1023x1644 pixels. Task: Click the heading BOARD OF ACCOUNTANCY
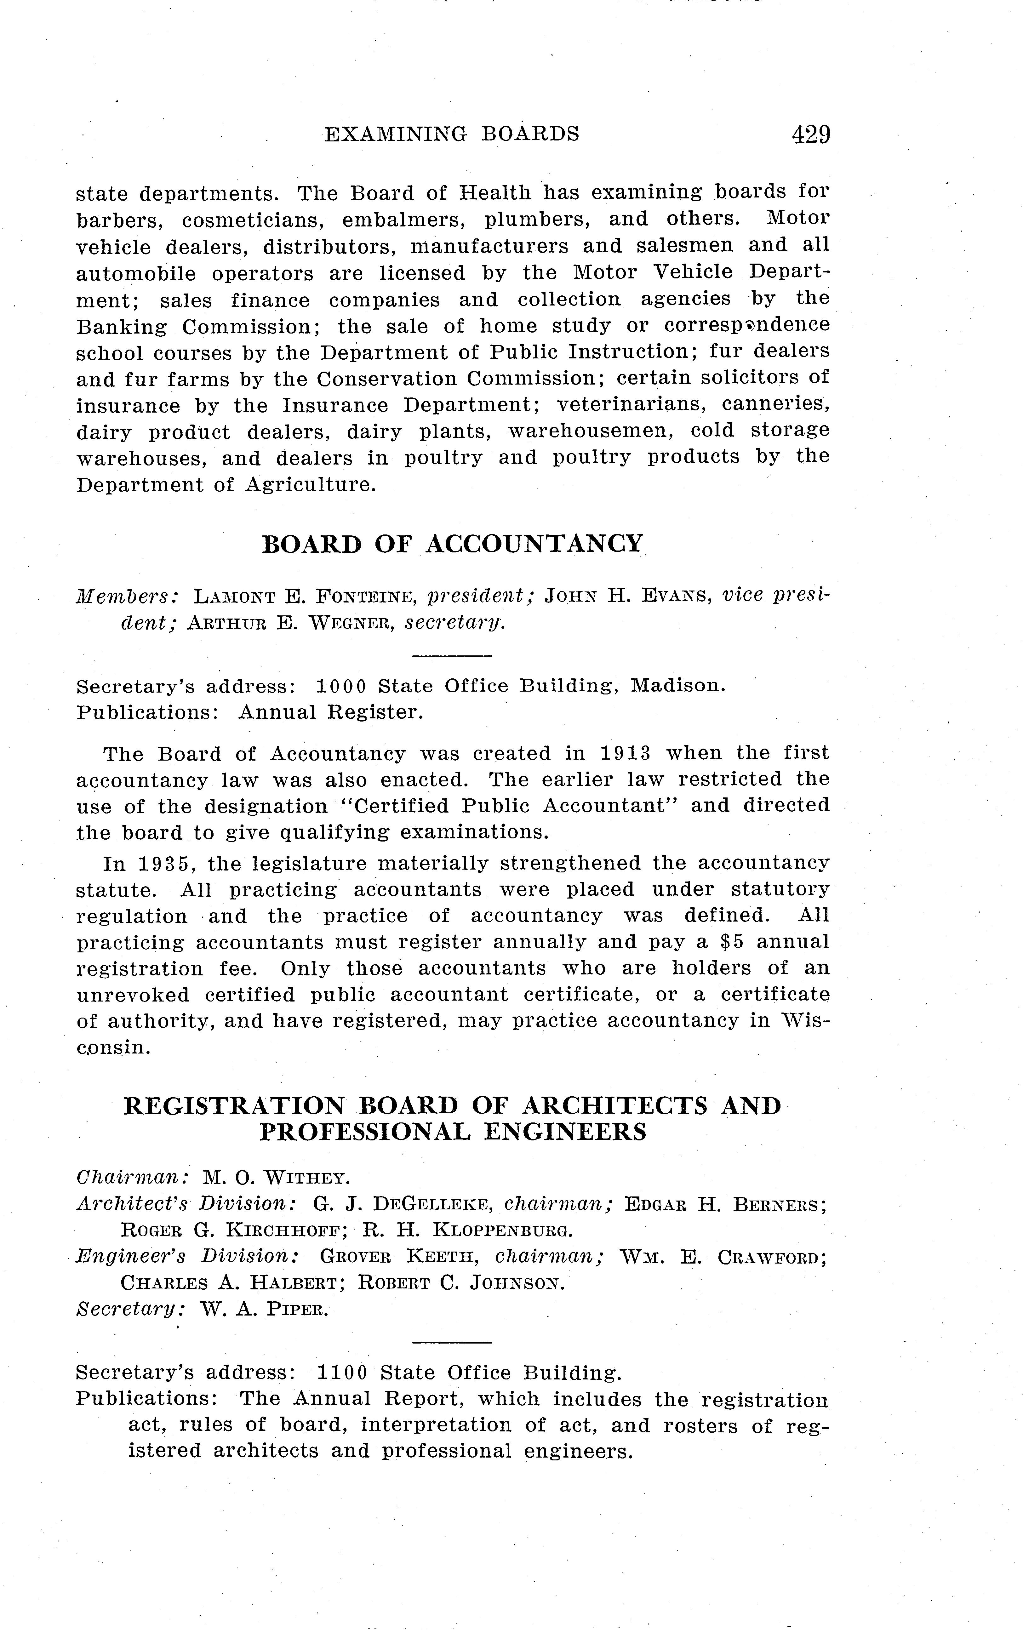pos(452,544)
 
